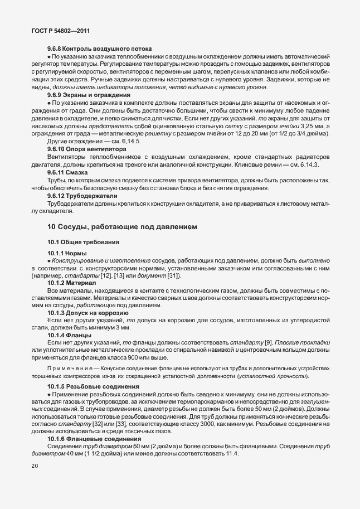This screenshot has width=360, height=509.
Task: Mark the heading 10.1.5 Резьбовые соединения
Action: point(90,386)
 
